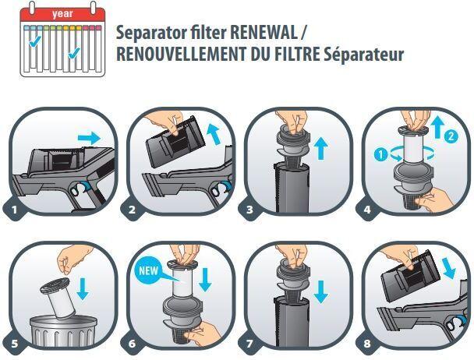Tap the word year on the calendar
[62, 13]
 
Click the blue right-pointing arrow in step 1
[90, 137]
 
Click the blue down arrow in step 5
[83, 288]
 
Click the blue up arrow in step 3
[321, 146]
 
